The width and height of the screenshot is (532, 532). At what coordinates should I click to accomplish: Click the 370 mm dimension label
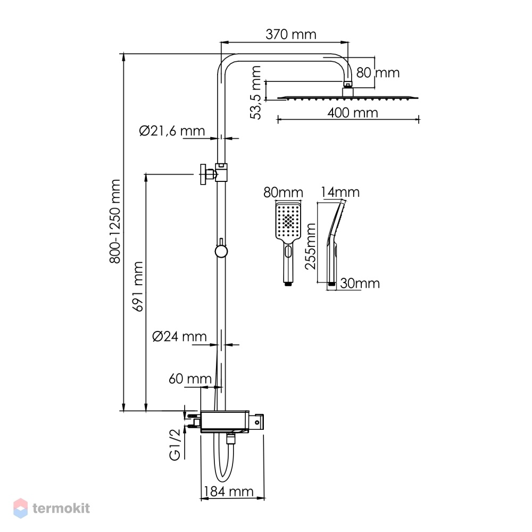[x=291, y=34]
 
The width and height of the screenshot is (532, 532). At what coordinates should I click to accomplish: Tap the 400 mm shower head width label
[x=353, y=113]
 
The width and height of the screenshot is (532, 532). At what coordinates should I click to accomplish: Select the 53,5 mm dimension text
[x=255, y=92]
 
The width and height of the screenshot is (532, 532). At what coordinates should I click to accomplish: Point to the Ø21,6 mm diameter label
[x=172, y=131]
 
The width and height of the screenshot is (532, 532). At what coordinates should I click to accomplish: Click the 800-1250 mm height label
[x=115, y=221]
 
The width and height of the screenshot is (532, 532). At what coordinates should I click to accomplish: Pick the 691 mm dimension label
[x=138, y=286]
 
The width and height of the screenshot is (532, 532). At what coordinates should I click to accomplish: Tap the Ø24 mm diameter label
[x=179, y=336]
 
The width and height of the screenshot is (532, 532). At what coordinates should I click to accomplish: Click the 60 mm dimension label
[x=190, y=379]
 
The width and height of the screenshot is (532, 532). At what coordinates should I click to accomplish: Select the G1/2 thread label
[x=174, y=444]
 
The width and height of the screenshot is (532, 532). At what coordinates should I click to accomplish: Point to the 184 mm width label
[x=229, y=491]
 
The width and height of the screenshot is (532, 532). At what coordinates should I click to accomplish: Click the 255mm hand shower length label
[x=310, y=246]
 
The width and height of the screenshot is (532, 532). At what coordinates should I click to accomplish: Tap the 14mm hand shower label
[x=340, y=192]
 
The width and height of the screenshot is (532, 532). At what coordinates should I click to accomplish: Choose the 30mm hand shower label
[x=360, y=284]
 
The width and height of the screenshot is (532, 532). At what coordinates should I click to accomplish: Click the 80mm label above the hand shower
[x=283, y=193]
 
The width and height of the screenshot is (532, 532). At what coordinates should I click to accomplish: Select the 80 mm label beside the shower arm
[x=378, y=72]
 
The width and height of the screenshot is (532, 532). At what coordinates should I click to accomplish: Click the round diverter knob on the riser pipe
[x=221, y=252]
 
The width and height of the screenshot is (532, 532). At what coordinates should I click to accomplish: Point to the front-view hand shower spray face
[x=288, y=221]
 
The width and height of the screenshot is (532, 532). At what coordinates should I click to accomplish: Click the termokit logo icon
[x=20, y=508]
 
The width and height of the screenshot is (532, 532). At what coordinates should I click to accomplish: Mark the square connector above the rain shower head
[x=348, y=92]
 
